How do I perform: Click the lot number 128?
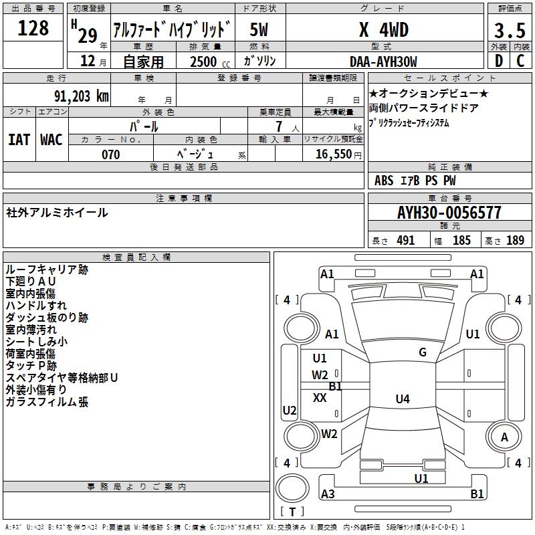pos(33,28)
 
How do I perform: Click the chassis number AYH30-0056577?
pos(449,213)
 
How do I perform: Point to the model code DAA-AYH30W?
pos(383,62)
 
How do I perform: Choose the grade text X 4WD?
pos(383,30)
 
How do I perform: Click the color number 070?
pos(110,154)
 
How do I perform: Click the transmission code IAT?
pos(19,139)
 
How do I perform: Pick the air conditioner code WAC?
pos(51,139)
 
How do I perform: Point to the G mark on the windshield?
pos(423,352)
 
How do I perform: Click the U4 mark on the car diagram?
pos(402,399)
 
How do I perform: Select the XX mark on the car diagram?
pos(320,398)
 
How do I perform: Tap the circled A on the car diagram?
pos(505,437)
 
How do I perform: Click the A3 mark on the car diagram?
pos(328,494)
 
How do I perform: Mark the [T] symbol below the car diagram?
pos(292,512)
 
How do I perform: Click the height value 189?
pos(515,241)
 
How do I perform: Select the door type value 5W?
pos(260,30)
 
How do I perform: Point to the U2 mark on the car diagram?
pos(290,411)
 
